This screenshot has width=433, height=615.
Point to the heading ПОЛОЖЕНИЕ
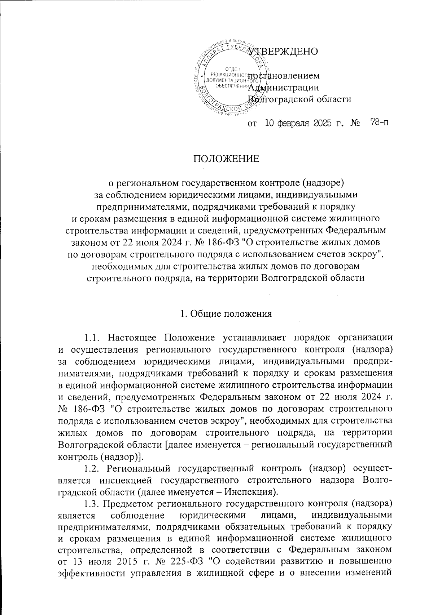click(x=226, y=159)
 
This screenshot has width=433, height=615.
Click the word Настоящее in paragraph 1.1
click(x=131, y=339)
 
